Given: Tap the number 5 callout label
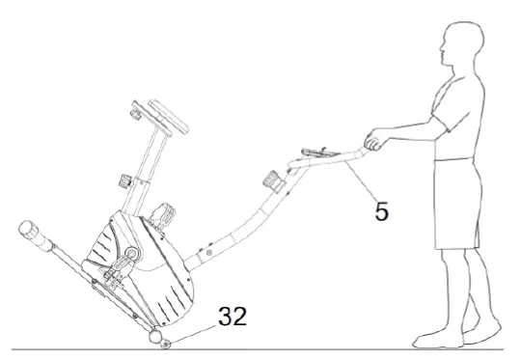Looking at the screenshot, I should (382, 209).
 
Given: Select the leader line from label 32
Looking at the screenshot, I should (197, 334).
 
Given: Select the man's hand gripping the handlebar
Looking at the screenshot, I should (371, 145).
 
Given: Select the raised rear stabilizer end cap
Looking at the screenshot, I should (31, 235).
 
